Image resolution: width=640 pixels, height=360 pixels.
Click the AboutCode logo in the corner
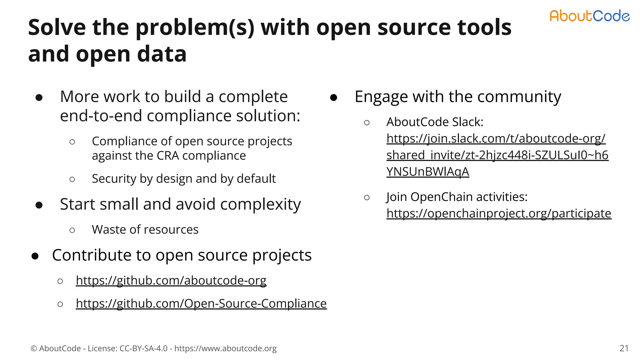589,16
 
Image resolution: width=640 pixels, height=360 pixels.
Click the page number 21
624,348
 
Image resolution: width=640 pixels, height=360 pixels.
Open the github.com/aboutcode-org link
171,280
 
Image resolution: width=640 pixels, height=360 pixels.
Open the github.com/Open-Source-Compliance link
201,303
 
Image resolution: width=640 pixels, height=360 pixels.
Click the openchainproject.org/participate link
498,213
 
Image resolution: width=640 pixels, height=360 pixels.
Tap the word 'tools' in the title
484,27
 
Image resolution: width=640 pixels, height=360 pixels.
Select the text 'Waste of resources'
145,230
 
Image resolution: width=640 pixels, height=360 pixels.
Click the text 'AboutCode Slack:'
435,122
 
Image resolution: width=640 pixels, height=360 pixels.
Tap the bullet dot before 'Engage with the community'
333,98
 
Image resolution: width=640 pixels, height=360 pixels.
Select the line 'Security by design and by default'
183,179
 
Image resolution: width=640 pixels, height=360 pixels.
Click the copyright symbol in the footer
34,348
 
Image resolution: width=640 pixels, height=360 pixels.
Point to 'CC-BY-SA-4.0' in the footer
143,348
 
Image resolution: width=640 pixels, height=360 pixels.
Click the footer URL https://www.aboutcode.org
225,348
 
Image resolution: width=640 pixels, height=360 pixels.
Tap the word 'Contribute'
92,255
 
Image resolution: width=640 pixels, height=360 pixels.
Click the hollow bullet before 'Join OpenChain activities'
367,197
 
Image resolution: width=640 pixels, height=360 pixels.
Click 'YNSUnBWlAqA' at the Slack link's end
427,172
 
